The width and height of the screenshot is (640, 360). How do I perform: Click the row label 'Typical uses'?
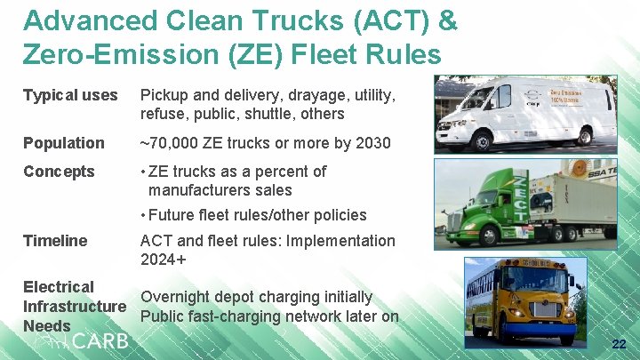pyautogui.click(x=70, y=95)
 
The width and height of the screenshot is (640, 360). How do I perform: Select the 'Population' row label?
pyautogui.click(x=63, y=143)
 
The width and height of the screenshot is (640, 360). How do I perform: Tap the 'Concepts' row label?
pyautogui.click(x=59, y=172)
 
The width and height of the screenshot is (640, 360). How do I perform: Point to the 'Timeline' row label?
pyautogui.click(x=55, y=241)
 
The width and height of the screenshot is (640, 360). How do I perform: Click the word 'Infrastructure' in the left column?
pyautogui.click(x=75, y=307)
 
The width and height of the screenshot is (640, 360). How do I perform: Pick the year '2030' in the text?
pyautogui.click(x=372, y=143)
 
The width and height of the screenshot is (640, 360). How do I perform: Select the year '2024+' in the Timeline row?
pyautogui.click(x=163, y=260)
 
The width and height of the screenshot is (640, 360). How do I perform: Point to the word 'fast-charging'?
pyautogui.click(x=236, y=316)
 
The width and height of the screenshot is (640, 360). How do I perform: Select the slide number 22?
pyautogui.click(x=619, y=344)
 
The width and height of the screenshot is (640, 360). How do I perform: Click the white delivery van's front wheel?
pyautogui.click(x=484, y=139)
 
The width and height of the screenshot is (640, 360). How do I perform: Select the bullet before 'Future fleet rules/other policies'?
pyautogui.click(x=144, y=215)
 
